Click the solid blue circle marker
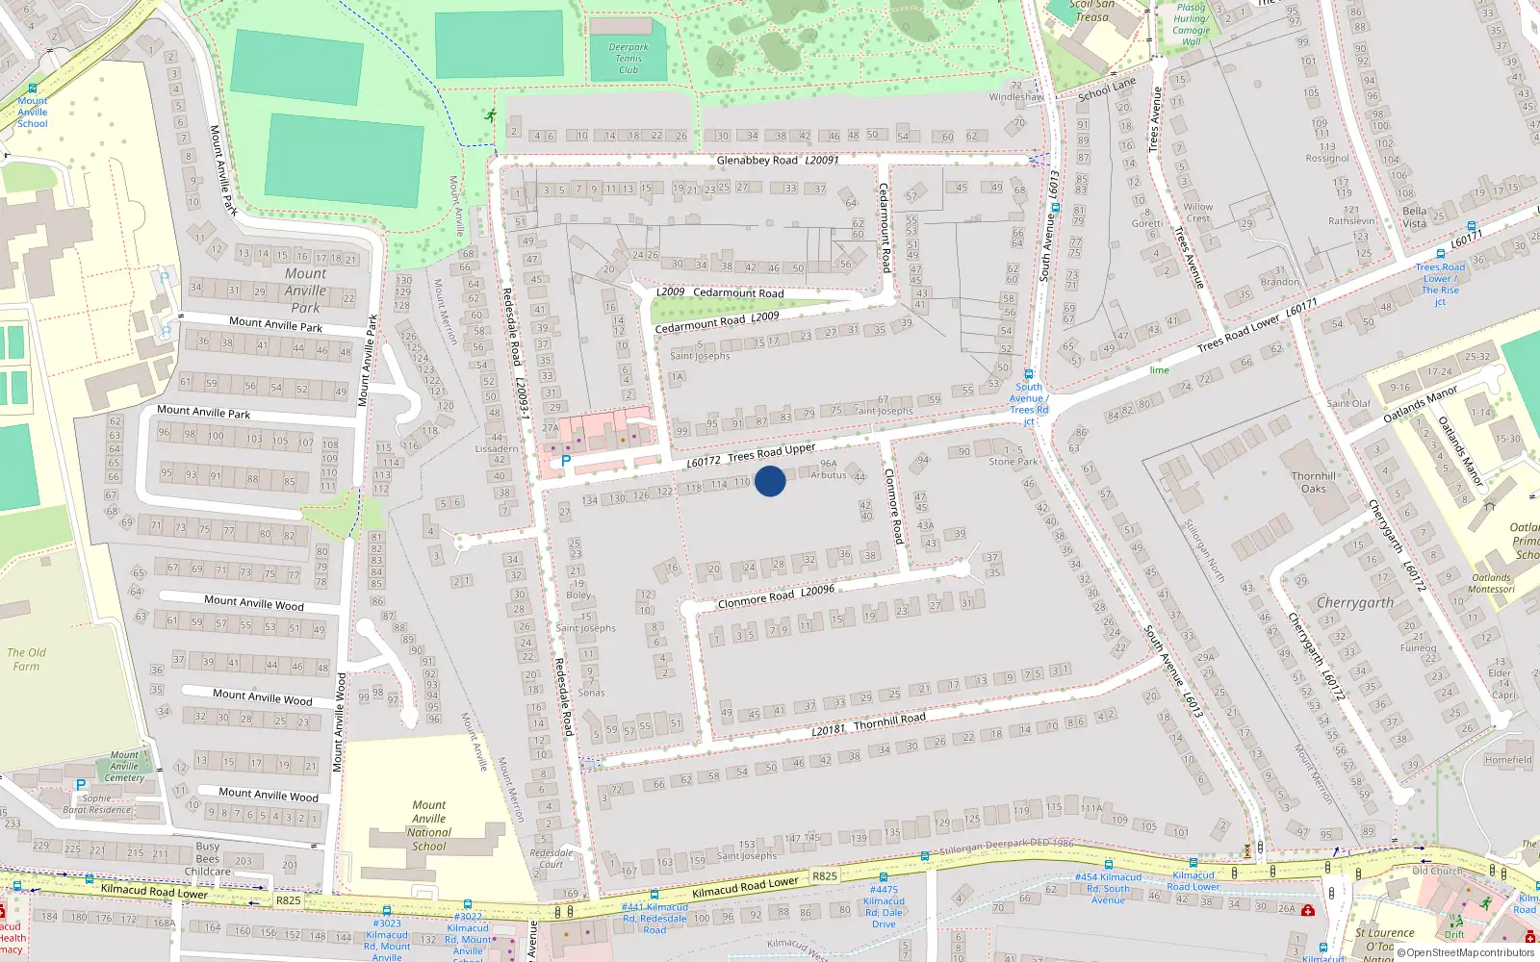point(770,481)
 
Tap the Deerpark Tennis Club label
point(629,59)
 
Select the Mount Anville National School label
point(428,826)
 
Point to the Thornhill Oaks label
point(1314,482)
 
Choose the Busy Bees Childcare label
point(208,859)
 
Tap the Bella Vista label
point(1414,217)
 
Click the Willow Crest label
point(1197,213)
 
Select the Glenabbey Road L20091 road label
point(778,161)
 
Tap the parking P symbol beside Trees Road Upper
point(566,462)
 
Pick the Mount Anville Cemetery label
point(124,767)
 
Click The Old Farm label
point(26,659)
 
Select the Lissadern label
point(497,449)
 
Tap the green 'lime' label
point(1159,370)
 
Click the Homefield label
point(1508,760)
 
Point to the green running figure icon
point(491,116)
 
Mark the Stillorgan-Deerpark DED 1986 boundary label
point(1006,845)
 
